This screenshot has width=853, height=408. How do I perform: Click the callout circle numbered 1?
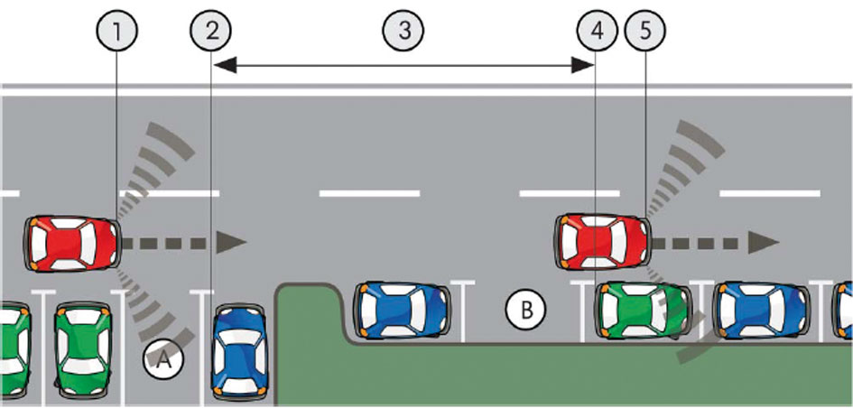pos(117,30)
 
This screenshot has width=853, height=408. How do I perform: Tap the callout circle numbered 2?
pos(211,30)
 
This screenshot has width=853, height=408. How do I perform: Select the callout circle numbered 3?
pos(403,30)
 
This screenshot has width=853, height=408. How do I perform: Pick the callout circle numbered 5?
pos(646,30)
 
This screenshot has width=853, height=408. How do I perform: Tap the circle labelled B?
pos(526,310)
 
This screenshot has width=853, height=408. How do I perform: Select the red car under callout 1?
pos(72,242)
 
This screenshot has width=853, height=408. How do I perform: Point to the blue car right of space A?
pos(238,350)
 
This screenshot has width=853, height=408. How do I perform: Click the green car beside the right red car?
pos(643,311)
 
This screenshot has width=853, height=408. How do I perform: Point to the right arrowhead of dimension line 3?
pos(584,65)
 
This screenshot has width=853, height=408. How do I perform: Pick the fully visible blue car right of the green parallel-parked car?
pos(760,311)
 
